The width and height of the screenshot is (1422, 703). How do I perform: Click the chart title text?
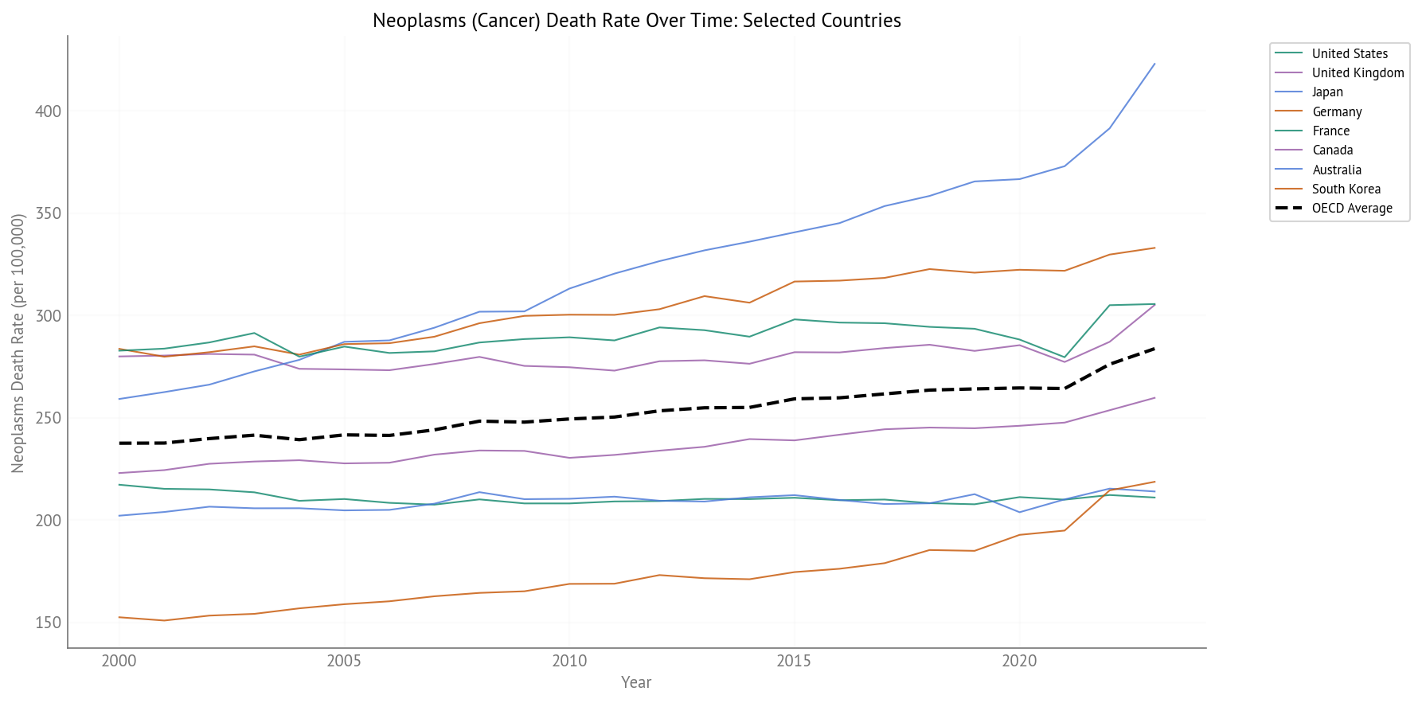[636, 21]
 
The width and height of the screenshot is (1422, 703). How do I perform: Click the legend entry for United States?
[1350, 53]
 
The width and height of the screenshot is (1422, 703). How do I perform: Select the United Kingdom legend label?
[1358, 72]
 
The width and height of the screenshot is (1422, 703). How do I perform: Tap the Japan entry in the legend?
[1327, 92]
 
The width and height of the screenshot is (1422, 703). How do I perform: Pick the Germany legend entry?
[1337, 111]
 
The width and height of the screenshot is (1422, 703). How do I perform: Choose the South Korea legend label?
[1346, 189]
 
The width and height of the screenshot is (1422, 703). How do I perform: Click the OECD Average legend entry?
[1352, 208]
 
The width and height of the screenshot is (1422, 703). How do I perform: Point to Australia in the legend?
[1337, 170]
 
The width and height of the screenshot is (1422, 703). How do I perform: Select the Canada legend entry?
[1332, 150]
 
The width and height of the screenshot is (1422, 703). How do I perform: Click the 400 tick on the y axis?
[49, 111]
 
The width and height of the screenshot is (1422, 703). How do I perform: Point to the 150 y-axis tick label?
[49, 623]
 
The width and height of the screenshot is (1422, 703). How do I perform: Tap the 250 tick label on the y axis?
[49, 418]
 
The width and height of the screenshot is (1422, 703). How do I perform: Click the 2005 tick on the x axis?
[344, 661]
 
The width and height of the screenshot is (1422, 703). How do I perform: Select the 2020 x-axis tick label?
[1019, 661]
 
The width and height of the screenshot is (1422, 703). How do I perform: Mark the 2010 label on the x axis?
[569, 661]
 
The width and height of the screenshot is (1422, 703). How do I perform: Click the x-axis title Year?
[636, 682]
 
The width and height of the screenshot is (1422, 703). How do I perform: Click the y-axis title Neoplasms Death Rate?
[18, 343]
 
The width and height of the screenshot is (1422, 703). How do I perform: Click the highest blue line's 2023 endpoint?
[1154, 64]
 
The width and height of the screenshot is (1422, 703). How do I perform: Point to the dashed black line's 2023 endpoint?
[1154, 348]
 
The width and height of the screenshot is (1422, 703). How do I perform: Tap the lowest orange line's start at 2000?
[119, 617]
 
